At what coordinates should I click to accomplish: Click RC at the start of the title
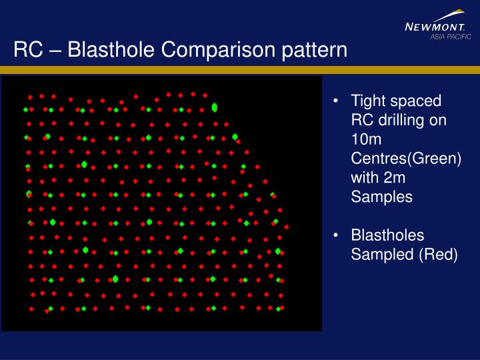[27, 50]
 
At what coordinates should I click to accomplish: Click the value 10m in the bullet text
[365, 140]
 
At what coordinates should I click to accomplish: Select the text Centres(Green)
[406, 159]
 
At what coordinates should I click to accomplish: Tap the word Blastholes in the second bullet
[387, 235]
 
